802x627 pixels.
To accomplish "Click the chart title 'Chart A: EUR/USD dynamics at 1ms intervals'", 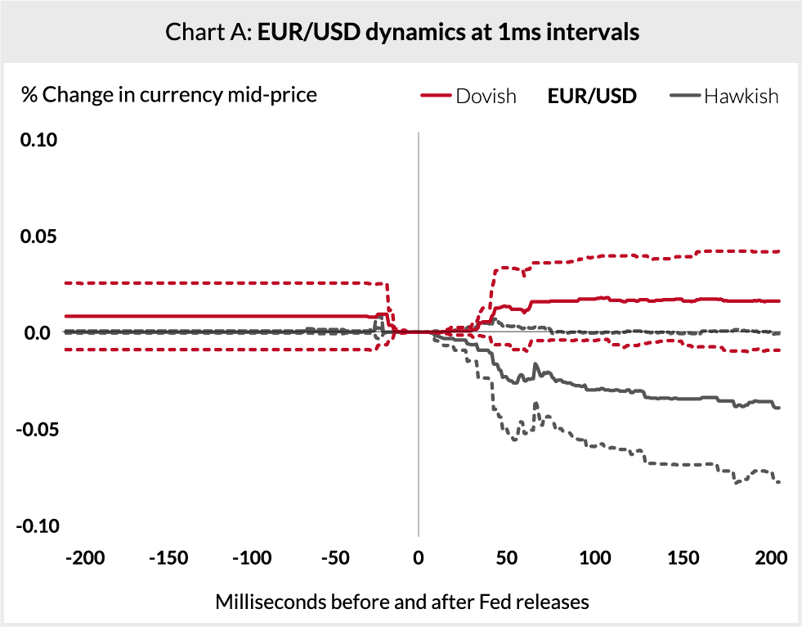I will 401,32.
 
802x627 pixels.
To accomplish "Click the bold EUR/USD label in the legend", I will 592,96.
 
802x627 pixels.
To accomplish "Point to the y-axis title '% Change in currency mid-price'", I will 169,95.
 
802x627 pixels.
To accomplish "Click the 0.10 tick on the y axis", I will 38,140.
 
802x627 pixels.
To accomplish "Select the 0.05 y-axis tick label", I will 38,237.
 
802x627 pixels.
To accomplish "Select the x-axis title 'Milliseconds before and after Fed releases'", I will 401,602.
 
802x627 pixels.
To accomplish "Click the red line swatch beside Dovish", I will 436,97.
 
